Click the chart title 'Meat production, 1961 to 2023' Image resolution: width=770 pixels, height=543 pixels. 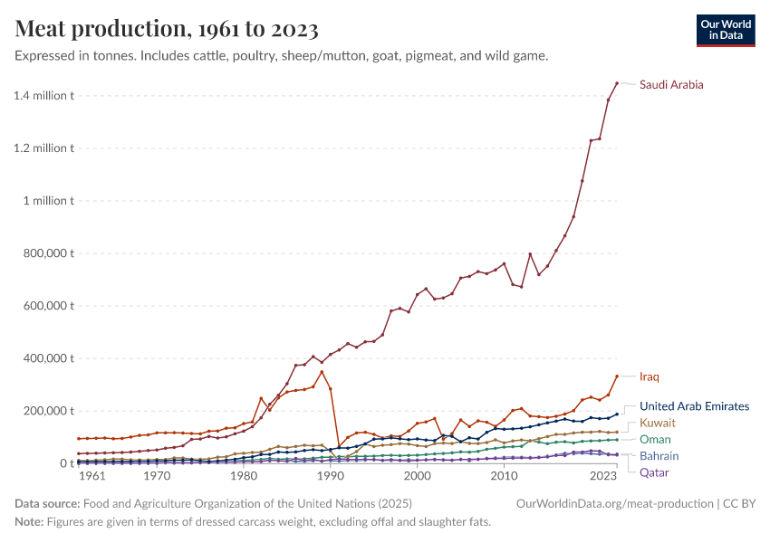pyautogui.click(x=167, y=29)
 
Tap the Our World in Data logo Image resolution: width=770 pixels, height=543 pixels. pyautogui.click(x=725, y=30)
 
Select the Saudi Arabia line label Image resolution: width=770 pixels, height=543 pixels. pyautogui.click(x=671, y=85)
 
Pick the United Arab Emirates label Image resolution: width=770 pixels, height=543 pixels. pyautogui.click(x=694, y=406)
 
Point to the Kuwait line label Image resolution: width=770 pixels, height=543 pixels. pyautogui.click(x=658, y=423)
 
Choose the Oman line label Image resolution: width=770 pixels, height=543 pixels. pyautogui.click(x=655, y=439)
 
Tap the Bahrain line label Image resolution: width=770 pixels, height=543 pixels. pyautogui.click(x=659, y=456)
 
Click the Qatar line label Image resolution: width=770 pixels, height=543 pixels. pyautogui.click(x=655, y=472)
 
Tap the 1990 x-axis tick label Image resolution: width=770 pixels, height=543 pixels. pyautogui.click(x=331, y=475)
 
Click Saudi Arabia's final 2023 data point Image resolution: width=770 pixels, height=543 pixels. pyautogui.click(x=617, y=83)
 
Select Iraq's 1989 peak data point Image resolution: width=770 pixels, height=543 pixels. pyautogui.click(x=322, y=372)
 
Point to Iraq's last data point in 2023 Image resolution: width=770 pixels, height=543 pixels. pyautogui.click(x=617, y=376)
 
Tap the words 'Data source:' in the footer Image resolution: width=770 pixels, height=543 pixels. pyautogui.click(x=47, y=503)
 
